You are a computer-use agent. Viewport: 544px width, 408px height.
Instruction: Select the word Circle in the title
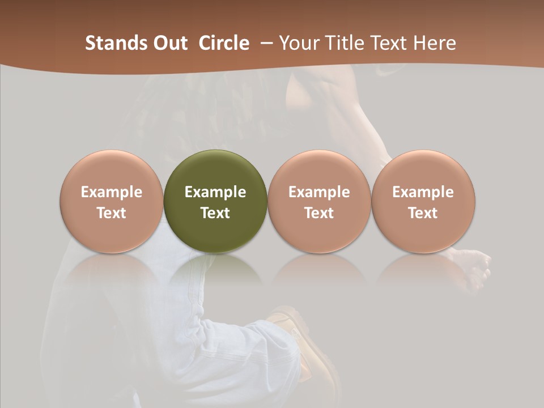pyautogui.click(x=224, y=43)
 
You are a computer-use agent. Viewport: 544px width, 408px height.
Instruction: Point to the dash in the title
pyautogui.click(x=265, y=43)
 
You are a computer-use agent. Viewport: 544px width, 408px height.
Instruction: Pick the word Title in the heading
pyautogui.click(x=341, y=43)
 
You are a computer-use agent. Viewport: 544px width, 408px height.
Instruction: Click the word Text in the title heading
pyautogui.click(x=386, y=43)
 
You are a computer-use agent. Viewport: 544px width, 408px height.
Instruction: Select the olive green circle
pyautogui.click(x=215, y=170)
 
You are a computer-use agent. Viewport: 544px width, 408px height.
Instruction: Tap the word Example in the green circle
pyautogui.click(x=215, y=192)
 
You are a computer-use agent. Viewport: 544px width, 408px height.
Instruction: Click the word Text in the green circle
pyautogui.click(x=215, y=213)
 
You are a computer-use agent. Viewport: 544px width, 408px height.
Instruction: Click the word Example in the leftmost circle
pyautogui.click(x=112, y=192)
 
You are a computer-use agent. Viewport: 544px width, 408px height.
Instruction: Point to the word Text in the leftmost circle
pyautogui.click(x=112, y=213)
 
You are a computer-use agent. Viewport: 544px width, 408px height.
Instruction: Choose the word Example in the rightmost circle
pyautogui.click(x=423, y=192)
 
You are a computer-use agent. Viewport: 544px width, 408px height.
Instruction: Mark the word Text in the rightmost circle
pyautogui.click(x=423, y=213)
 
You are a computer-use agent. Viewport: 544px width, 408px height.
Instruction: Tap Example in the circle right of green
pyautogui.click(x=319, y=192)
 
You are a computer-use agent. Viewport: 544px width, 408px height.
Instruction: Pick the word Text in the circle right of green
pyautogui.click(x=319, y=213)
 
